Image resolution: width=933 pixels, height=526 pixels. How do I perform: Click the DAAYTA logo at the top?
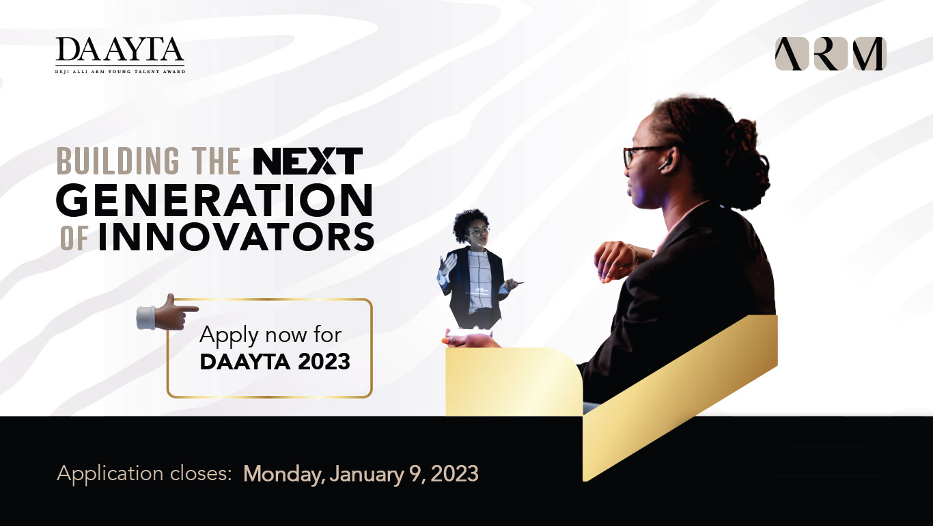[x=120, y=55]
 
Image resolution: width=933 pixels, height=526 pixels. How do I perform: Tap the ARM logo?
[x=831, y=53]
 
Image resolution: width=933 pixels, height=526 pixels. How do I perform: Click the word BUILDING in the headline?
[x=118, y=161]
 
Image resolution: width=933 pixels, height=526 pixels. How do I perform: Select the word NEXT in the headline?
[x=307, y=161]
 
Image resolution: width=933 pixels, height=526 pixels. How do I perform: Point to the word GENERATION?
[x=214, y=200]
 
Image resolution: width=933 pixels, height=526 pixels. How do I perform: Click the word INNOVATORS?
[x=236, y=237]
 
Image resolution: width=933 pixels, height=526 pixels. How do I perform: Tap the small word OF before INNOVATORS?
[x=74, y=239]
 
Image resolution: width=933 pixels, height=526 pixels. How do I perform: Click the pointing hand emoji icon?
[x=167, y=313]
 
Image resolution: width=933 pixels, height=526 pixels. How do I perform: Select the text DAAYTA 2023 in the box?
[x=275, y=362]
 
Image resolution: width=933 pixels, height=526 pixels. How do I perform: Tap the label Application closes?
[x=144, y=474]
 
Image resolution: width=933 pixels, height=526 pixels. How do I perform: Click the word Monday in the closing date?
[x=284, y=475]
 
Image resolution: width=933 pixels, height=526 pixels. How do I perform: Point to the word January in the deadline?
[x=367, y=475]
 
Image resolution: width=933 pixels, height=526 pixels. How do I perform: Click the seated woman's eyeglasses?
[x=645, y=155]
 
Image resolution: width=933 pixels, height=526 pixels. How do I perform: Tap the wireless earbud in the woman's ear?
[x=665, y=164]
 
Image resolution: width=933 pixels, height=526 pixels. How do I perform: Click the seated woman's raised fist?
[x=615, y=261]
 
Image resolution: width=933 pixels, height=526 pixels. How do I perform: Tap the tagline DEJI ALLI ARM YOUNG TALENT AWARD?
[x=120, y=72]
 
